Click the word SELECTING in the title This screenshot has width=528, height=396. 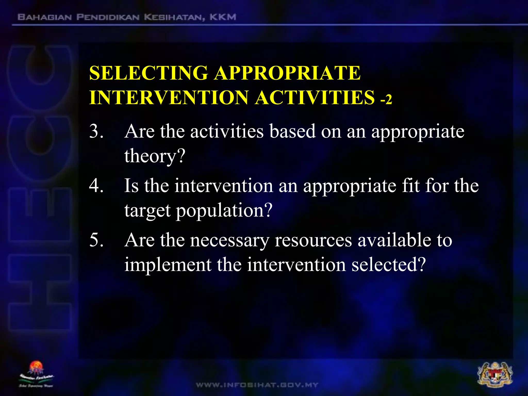pyautogui.click(x=149, y=73)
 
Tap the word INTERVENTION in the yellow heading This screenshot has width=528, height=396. pyautogui.click(x=169, y=98)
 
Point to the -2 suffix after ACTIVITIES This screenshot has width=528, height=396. pyautogui.click(x=386, y=99)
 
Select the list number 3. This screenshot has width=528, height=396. pyautogui.click(x=96, y=131)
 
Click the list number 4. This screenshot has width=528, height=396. pyautogui.click(x=96, y=186)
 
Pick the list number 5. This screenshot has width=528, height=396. pyautogui.click(x=96, y=240)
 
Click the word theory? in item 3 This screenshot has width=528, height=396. pyautogui.click(x=155, y=156)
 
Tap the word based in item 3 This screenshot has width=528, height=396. pyautogui.click(x=292, y=131)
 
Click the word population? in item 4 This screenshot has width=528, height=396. pyautogui.click(x=224, y=210)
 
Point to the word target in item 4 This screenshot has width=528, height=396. pyautogui.click(x=147, y=210)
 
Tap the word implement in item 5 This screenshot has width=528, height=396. pyautogui.click(x=168, y=265)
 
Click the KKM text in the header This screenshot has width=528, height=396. pyautogui.click(x=223, y=17)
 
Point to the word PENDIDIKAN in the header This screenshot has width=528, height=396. pyautogui.click(x=108, y=17)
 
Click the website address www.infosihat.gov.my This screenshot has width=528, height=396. pyautogui.click(x=257, y=385)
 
